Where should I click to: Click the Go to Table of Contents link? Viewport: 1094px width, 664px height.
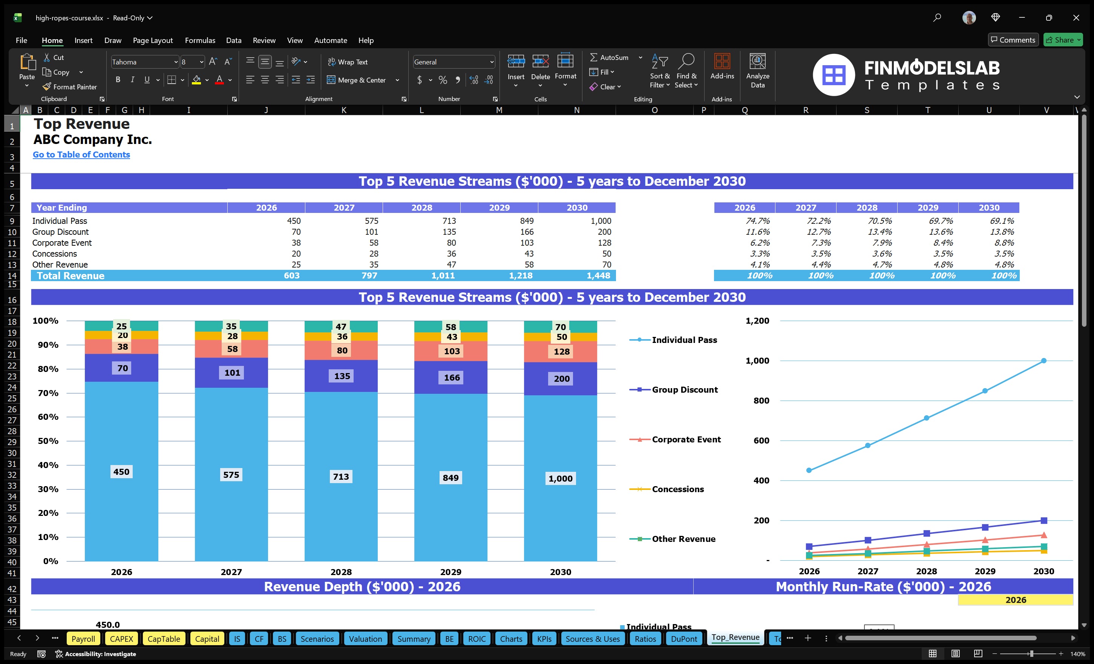(81, 155)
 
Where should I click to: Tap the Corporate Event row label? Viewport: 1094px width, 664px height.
(62, 243)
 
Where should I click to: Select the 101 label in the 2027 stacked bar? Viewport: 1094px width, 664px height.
(232, 373)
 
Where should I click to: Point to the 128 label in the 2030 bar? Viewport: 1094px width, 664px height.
(561, 352)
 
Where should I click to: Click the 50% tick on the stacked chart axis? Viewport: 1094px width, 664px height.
(48, 441)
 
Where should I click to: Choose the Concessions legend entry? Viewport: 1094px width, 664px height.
(677, 489)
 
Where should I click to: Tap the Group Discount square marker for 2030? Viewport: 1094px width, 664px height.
(1043, 520)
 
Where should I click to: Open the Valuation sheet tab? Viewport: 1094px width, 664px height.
(365, 639)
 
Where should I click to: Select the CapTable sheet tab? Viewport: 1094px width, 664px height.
(163, 639)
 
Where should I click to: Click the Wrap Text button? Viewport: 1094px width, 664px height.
(348, 62)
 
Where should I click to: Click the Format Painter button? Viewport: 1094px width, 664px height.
(70, 87)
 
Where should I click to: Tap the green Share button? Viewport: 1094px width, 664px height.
(1062, 40)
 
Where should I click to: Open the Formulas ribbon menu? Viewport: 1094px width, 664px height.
(200, 40)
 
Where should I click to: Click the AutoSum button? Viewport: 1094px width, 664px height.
(609, 58)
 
